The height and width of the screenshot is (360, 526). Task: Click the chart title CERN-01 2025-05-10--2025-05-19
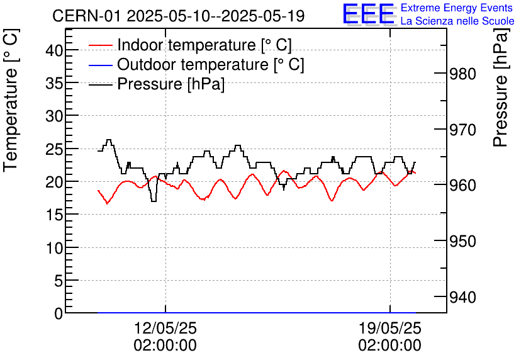coord(179,16)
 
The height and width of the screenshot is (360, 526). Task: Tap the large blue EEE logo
coord(368,14)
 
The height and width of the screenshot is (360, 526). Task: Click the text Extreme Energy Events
coord(457,8)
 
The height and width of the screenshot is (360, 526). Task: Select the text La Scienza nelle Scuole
coord(457,21)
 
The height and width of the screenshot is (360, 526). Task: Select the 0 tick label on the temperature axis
coord(58,313)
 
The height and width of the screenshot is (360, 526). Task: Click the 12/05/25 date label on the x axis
coord(165,329)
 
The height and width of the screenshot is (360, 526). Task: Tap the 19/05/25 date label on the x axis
coord(390,329)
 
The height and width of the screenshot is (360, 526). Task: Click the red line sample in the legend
coord(101,45)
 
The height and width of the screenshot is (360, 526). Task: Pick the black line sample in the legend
coord(101,84)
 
